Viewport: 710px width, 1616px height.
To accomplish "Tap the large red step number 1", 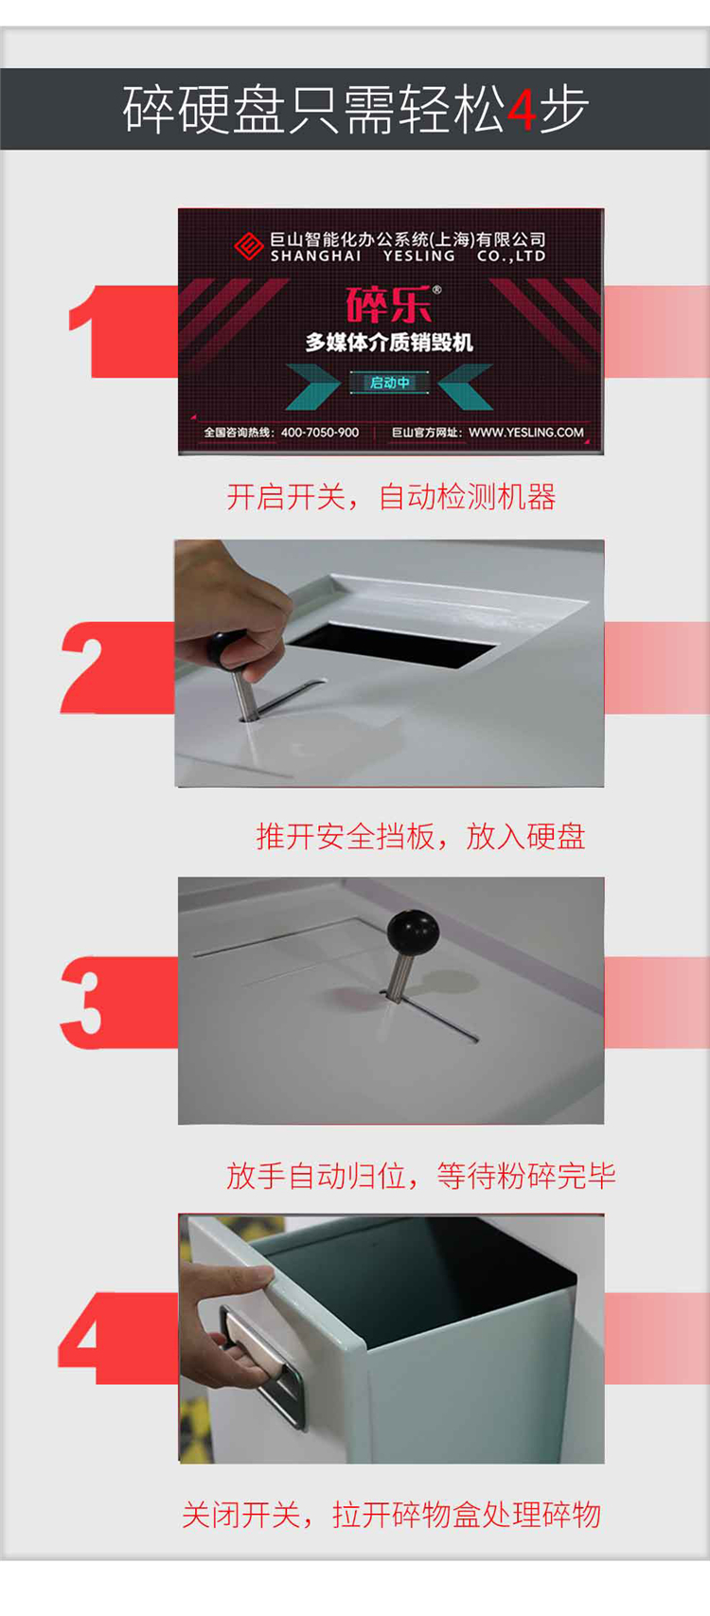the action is click(94, 331).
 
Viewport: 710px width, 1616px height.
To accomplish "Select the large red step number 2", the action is click(93, 668).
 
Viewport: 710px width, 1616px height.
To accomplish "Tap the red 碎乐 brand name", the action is click(389, 305).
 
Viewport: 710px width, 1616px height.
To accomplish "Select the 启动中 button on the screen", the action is click(390, 382).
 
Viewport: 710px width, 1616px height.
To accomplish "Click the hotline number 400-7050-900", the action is click(320, 432).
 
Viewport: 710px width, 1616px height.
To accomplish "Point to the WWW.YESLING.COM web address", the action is click(526, 432).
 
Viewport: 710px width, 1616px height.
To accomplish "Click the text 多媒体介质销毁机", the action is click(389, 342).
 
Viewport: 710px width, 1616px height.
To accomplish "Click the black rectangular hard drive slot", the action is click(393, 644).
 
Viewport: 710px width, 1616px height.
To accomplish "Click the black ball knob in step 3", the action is click(413, 932).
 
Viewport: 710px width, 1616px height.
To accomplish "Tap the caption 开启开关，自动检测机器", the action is click(391, 497).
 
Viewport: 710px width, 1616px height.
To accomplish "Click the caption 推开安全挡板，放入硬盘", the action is click(420, 836).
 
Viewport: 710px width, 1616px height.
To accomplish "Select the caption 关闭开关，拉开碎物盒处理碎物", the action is click(391, 1515).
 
